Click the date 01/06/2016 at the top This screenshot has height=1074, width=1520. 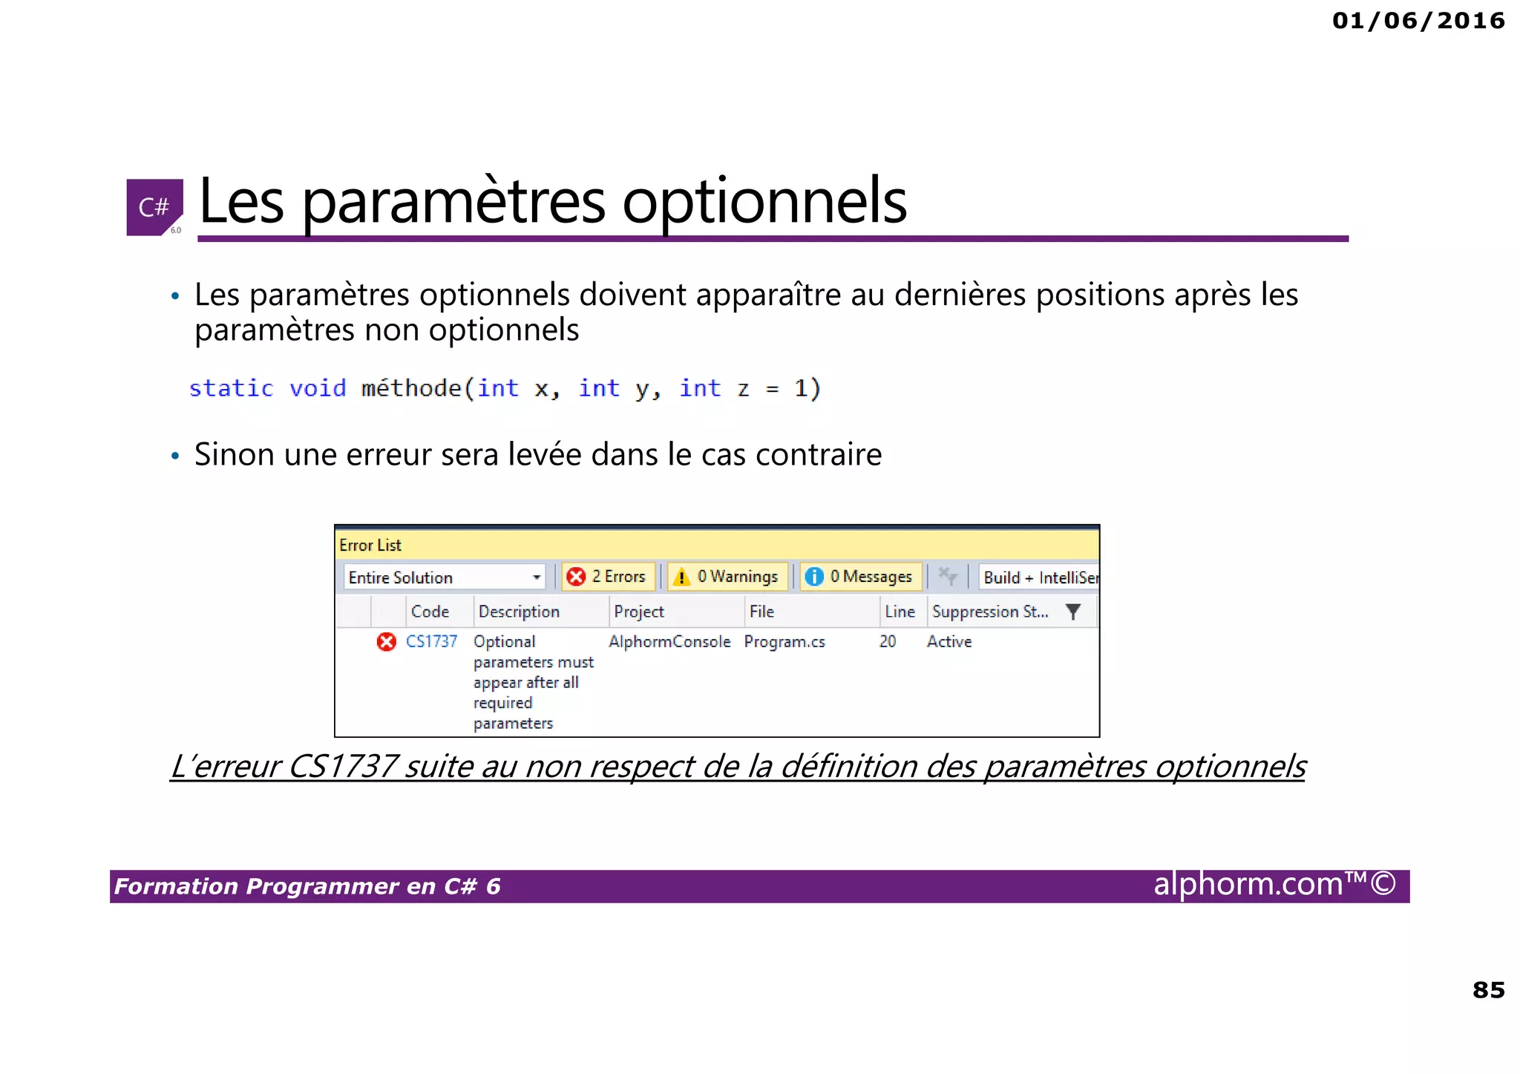coord(1418,20)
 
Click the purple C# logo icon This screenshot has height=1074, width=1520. coord(154,207)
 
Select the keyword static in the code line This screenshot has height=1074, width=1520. coord(231,388)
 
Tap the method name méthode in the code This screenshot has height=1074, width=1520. coord(411,388)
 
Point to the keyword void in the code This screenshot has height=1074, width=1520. coord(317,388)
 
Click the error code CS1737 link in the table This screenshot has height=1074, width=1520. coord(431,641)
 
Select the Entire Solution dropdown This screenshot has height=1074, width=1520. coord(444,577)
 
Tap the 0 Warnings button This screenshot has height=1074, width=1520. coord(727,577)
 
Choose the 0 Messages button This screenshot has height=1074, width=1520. coord(861,577)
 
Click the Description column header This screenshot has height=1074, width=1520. coord(519,612)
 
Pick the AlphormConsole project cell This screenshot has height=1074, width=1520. coord(669,641)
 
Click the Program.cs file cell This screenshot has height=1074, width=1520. coord(784,641)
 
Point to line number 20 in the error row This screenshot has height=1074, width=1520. coord(888,641)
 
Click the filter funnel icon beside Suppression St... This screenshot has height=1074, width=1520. coord(1072,612)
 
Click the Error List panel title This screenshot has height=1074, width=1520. coord(370,545)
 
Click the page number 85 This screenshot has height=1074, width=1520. coord(1488,989)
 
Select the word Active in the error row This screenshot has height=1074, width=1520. coord(949,641)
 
